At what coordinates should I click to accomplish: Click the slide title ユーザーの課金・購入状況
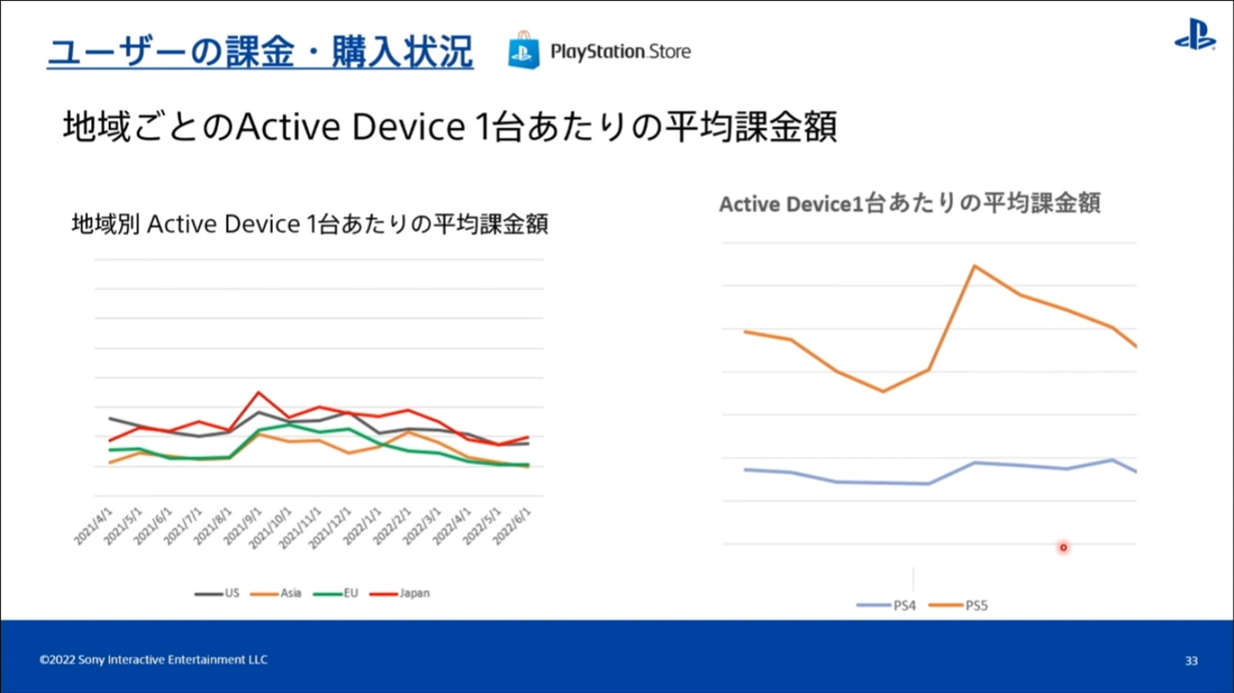(260, 52)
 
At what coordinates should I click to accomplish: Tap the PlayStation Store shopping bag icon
(524, 51)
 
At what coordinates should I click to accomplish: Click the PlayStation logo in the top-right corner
(1195, 35)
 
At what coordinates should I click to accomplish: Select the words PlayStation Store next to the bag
(620, 52)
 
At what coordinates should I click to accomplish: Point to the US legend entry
(217, 594)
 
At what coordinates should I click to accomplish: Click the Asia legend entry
(276, 594)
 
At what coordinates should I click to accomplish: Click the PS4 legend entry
(887, 606)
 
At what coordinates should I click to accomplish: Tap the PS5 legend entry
(959, 606)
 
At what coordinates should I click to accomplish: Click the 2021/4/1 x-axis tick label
(93, 526)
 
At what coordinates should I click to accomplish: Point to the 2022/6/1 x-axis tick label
(512, 526)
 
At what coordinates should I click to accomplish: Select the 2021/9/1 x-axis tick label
(243, 526)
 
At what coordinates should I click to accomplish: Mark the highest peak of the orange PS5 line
(975, 266)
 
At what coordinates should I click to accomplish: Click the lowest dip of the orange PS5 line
(883, 391)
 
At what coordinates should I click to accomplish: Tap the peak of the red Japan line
(259, 392)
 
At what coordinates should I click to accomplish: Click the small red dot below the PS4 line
(1064, 547)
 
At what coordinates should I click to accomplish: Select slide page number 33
(1192, 661)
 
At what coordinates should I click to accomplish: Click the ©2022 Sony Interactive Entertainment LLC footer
(153, 660)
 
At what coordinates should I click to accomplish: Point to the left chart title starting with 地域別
(309, 224)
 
